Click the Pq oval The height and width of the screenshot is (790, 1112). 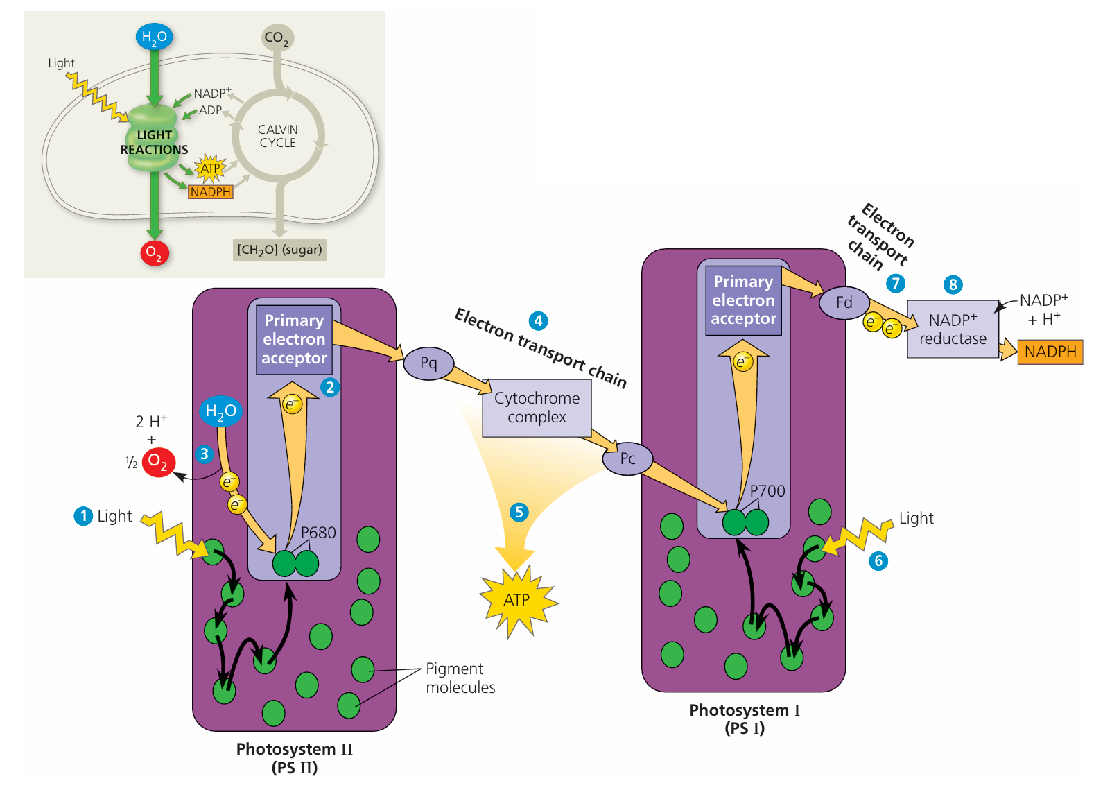[428, 363]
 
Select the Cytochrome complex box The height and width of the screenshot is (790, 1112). [537, 408]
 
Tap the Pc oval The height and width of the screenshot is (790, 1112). [627, 458]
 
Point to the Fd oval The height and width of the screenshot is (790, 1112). [844, 302]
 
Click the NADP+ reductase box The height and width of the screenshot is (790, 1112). [953, 329]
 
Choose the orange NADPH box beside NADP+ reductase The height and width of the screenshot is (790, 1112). [1050, 352]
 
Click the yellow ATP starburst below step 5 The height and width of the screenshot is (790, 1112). [517, 600]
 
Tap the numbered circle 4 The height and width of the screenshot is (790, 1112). [539, 321]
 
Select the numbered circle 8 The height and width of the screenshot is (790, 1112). [953, 284]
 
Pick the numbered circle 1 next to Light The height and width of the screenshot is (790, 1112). [83, 516]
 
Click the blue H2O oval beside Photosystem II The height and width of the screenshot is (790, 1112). [220, 411]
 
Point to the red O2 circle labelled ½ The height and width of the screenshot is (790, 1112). [159, 462]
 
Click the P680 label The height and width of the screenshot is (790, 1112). [318, 533]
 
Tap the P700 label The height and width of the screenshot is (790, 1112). [767, 491]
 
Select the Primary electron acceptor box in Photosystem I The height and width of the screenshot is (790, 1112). [743, 300]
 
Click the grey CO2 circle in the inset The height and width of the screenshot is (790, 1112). [277, 37]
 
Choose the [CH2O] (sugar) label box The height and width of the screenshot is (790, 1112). [279, 250]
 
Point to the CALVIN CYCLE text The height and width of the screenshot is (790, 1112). [278, 136]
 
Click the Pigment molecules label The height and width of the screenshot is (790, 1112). [460, 678]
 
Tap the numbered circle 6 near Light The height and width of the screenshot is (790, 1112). [878, 560]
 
